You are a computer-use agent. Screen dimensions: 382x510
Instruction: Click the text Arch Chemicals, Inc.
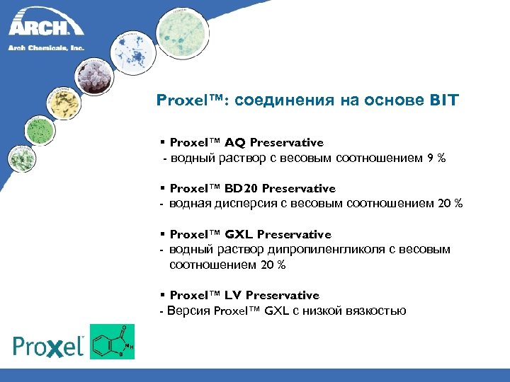pyautogui.click(x=47, y=47)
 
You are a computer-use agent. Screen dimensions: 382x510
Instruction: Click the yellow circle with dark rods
pyautogui.click(x=63, y=103)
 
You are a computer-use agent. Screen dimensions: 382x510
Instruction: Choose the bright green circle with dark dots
pyautogui.click(x=39, y=129)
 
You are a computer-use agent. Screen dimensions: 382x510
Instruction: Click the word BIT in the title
pyautogui.click(x=443, y=100)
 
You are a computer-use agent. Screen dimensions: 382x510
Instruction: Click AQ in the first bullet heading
pyautogui.click(x=236, y=143)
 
